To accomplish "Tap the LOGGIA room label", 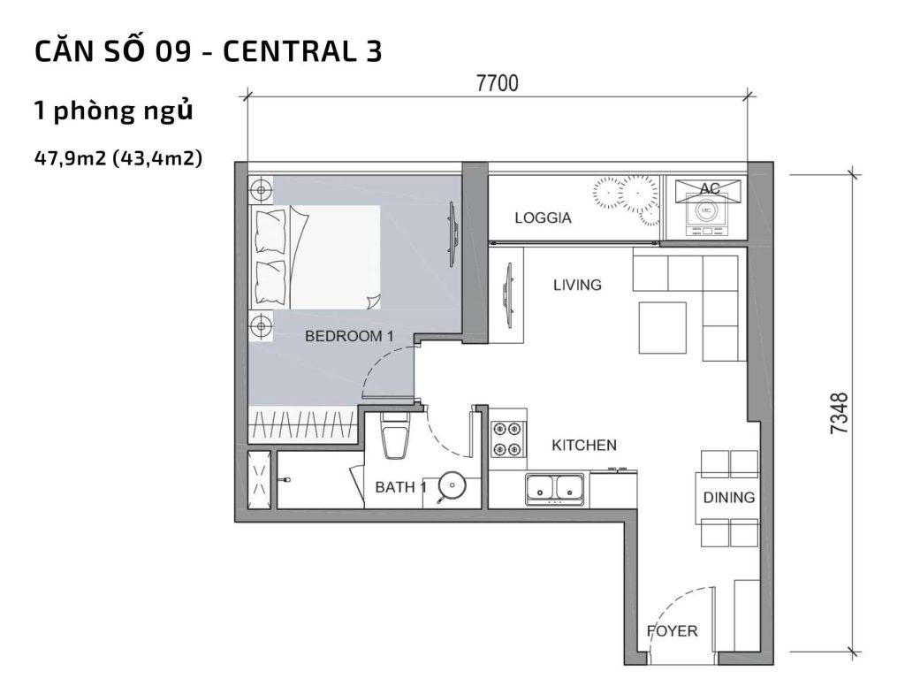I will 544,217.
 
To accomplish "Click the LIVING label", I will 577,285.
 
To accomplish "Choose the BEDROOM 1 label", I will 348,336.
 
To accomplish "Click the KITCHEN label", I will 584,445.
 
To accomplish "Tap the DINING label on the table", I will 729,497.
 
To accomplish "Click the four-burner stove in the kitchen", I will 507,439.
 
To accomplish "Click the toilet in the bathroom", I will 394,437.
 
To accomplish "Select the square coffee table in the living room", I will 663,327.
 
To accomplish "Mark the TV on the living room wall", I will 506,295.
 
